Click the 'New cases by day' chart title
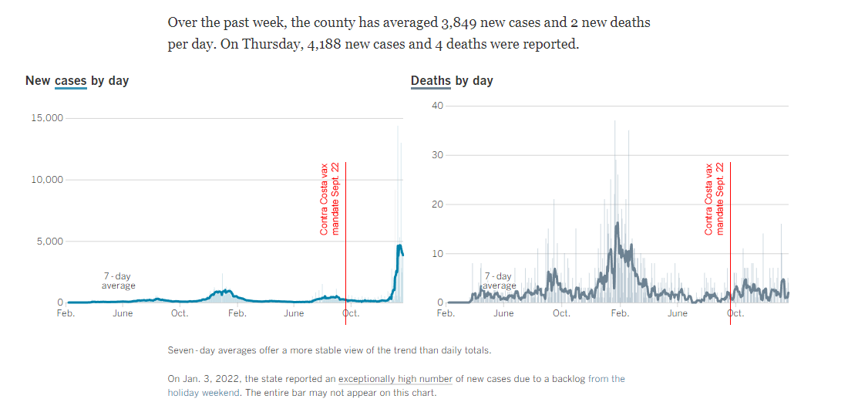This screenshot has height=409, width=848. [x=77, y=80]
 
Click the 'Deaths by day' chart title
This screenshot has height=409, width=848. [x=452, y=80]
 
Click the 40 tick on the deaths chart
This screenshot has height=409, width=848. [x=437, y=106]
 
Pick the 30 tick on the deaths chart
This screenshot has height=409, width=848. [x=437, y=155]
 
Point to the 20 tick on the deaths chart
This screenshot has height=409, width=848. [x=437, y=204]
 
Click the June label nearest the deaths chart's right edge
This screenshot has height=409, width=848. [x=678, y=313]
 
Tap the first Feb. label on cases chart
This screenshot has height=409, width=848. [x=66, y=313]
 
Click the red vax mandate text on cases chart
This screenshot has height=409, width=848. [x=329, y=199]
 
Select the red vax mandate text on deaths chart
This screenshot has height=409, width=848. [x=714, y=199]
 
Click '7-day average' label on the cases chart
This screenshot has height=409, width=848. [x=118, y=281]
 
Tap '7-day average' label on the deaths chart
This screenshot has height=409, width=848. [x=499, y=281]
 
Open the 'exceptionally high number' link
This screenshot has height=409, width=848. [x=395, y=379]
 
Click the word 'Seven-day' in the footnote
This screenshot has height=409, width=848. [x=190, y=350]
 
